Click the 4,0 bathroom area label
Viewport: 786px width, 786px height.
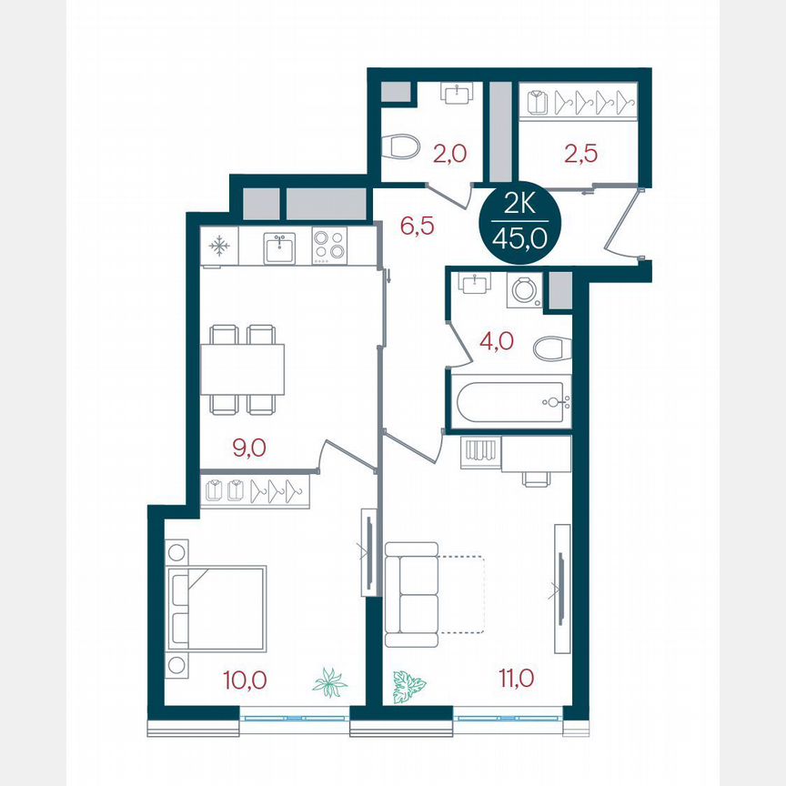[497, 341]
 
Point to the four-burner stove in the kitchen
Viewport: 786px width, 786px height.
[329, 247]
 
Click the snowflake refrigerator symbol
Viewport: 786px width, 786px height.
[219, 246]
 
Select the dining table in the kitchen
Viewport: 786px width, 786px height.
[242, 368]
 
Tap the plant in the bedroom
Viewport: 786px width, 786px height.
[329, 681]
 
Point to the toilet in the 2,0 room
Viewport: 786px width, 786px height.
[400, 146]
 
